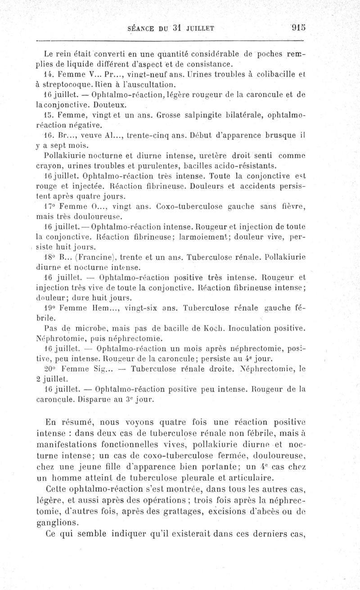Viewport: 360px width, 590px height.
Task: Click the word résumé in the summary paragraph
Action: point(85,422)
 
